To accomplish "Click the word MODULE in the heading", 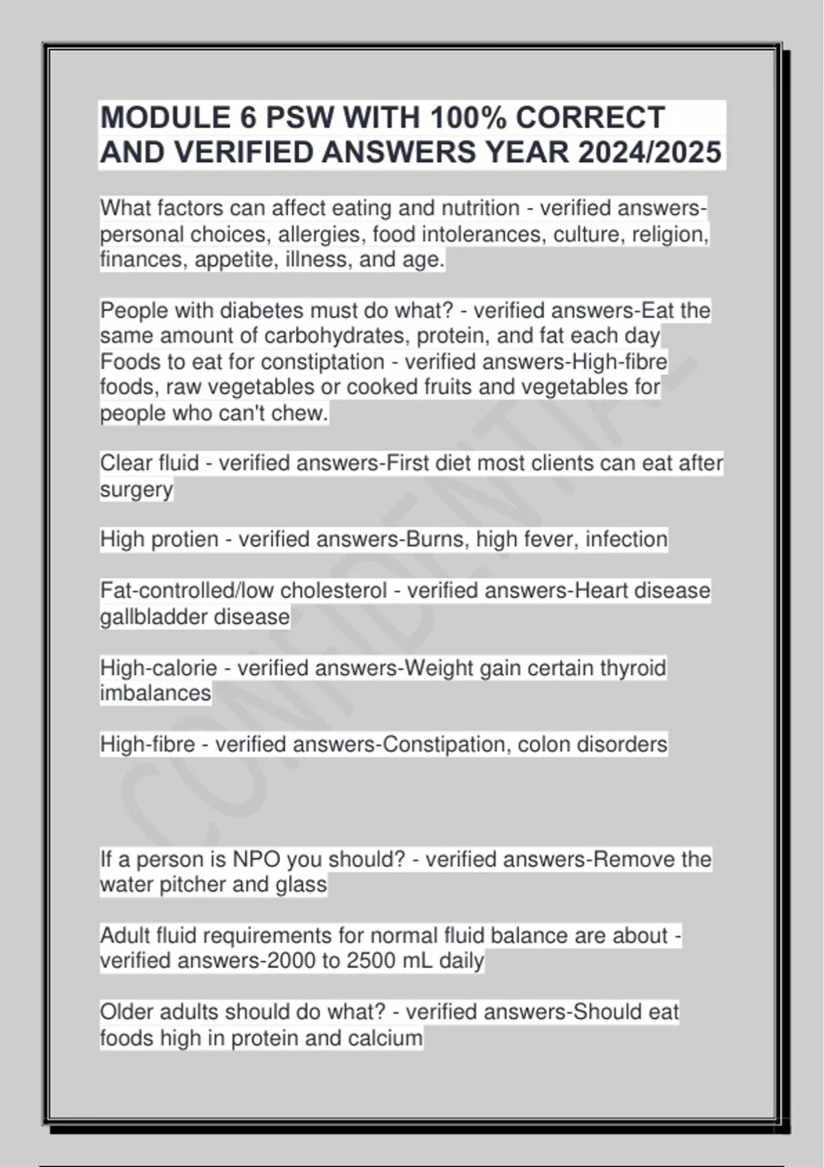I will [165, 118].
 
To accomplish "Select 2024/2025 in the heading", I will [650, 152].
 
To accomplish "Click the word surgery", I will [137, 490].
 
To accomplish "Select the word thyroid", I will [632, 668].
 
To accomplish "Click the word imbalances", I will [156, 693].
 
